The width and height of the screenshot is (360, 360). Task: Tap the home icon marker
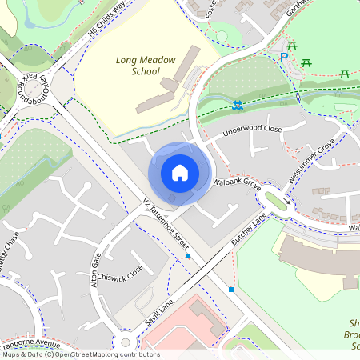[180, 173]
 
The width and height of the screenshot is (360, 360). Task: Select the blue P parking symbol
[283, 57]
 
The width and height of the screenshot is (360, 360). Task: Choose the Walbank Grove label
[238, 185]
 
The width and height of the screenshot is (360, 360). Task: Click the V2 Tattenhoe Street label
[165, 222]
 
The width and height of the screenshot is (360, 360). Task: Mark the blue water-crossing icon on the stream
[238, 105]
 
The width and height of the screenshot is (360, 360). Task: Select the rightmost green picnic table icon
[345, 74]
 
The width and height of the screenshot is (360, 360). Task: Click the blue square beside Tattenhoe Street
[188, 256]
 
